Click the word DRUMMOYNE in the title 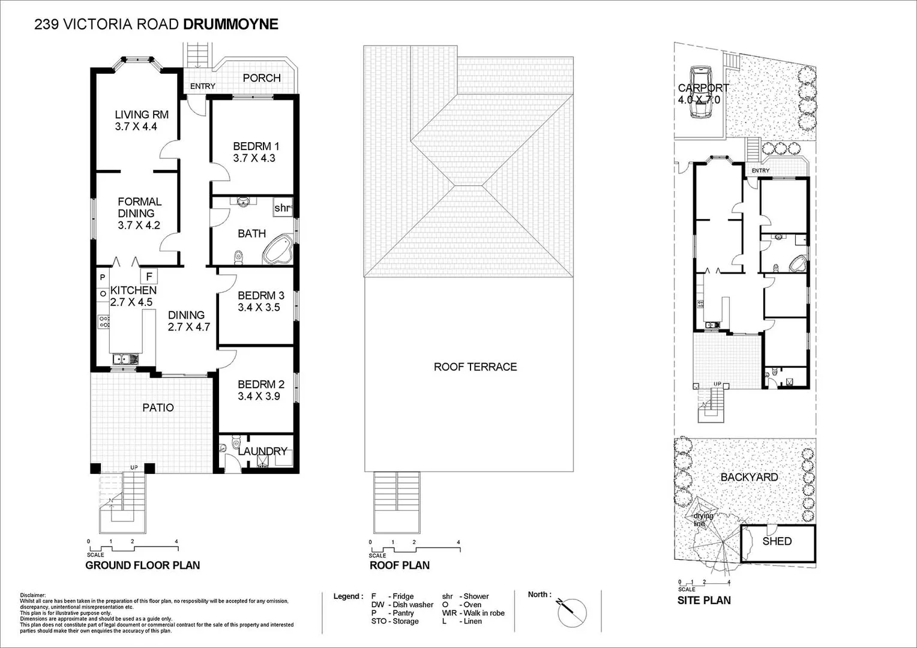(x=230, y=24)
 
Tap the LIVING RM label (x=142, y=115)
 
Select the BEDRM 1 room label (x=256, y=146)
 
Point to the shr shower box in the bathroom (x=283, y=208)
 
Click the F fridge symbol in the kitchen (x=149, y=277)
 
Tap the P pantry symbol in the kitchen (x=103, y=278)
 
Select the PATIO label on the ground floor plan (x=158, y=408)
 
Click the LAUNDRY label (x=263, y=451)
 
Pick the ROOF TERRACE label (x=475, y=367)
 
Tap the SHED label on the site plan (x=777, y=541)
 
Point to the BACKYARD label (x=749, y=477)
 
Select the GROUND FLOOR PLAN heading (x=143, y=565)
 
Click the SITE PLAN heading (x=704, y=600)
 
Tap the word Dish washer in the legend (x=413, y=605)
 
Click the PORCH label (x=262, y=78)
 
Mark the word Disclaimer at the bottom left (x=33, y=595)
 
